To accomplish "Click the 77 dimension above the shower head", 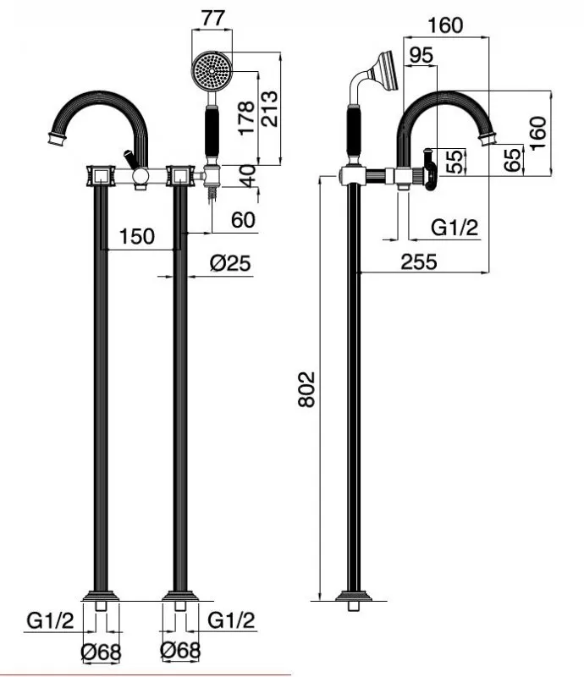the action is click(213, 18).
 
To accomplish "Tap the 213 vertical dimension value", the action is click(269, 108).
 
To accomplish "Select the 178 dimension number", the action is click(246, 118).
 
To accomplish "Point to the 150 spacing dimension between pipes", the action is click(136, 236).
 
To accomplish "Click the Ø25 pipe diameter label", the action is click(230, 263).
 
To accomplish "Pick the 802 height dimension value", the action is click(306, 389).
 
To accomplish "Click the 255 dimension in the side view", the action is click(419, 261).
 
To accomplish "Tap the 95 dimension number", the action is click(421, 55).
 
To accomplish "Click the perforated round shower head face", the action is click(212, 71).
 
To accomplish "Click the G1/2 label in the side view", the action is click(455, 227).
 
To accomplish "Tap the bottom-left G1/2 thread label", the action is click(50, 621).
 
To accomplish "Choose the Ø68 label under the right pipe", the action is click(180, 650).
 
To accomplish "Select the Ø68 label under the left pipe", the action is click(101, 652).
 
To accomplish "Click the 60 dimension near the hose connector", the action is click(243, 220).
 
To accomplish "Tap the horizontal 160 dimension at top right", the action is click(445, 25).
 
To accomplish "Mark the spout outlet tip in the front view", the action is click(56, 141).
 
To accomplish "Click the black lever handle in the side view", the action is click(429, 170).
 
